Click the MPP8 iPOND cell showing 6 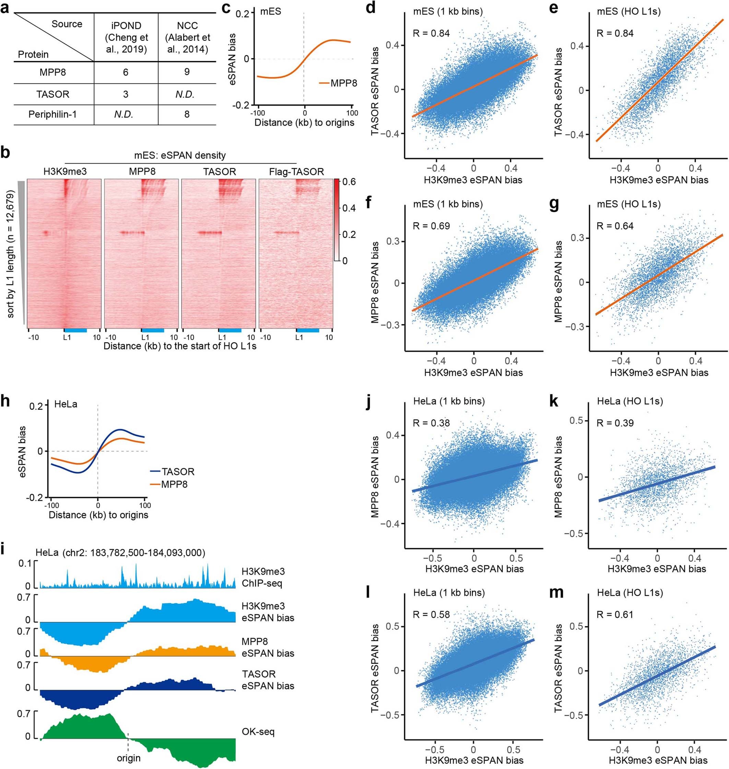[126, 72]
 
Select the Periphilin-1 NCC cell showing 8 [187, 114]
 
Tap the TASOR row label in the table [53, 94]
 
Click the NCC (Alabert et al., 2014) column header [187, 37]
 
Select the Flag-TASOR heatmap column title [296, 172]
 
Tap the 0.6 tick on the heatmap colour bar [349, 182]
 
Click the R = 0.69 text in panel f [431, 226]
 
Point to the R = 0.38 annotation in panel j [431, 423]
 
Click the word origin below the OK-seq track [129, 758]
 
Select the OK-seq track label [258, 731]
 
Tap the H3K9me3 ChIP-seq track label [263, 577]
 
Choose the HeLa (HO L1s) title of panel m [630, 593]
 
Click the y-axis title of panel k [558, 476]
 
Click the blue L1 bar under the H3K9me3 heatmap [75, 330]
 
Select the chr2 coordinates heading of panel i [120, 552]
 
